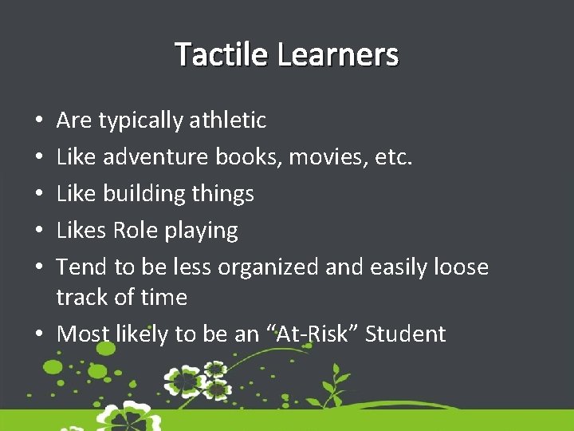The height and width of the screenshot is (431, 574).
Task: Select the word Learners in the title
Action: pos(338,54)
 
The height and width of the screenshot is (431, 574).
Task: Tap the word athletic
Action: pos(228,121)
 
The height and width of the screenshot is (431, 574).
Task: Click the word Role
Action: pos(136,231)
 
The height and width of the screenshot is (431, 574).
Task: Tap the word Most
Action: pos(82,334)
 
